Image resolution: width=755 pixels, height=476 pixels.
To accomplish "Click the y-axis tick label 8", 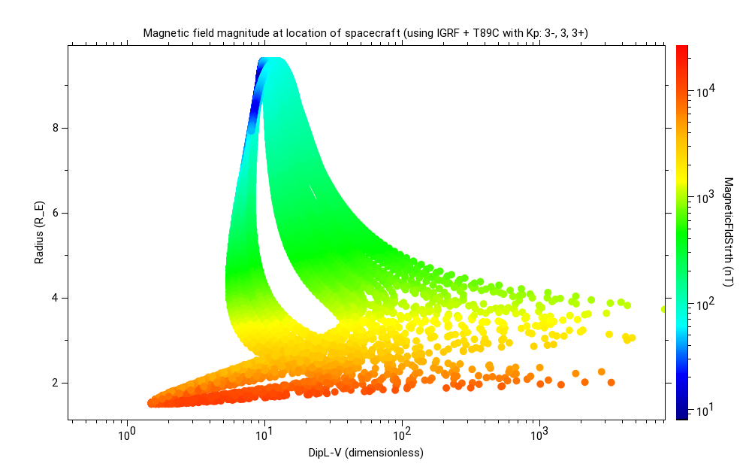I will point(55,128).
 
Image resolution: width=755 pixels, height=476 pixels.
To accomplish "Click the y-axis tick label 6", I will point(55,213).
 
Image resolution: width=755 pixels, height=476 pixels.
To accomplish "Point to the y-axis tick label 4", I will point(55,298).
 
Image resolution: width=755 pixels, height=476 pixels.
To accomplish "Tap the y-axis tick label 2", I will point(55,383).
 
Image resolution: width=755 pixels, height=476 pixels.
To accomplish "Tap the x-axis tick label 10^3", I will point(539,434).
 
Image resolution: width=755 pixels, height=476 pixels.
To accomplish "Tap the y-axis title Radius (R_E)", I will point(38,232).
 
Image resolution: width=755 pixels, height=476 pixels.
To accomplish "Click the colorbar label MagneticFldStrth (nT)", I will point(728,232).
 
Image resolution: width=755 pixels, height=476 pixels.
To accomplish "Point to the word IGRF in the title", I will point(451,33).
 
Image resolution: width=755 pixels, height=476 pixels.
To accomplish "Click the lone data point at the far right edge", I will point(663,309).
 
